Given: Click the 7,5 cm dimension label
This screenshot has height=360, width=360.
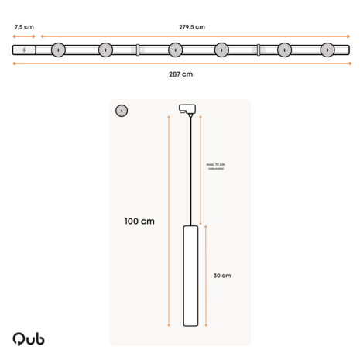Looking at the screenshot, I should tap(24, 26).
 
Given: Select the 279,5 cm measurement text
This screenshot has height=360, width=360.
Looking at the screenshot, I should tap(192, 26).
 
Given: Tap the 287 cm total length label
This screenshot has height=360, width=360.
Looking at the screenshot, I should tap(180, 74).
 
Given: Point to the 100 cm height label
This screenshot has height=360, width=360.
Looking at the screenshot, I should tap(139, 221).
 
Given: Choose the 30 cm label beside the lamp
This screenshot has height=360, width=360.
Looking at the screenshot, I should tap(221, 276).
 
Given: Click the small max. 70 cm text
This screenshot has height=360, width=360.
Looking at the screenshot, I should tap(215, 165).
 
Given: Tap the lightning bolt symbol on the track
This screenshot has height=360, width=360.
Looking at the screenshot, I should tap(24, 50).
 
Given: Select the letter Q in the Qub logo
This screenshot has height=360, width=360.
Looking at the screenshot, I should tap(18, 339).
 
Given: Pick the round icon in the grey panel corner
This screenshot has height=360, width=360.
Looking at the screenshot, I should tap(121, 111).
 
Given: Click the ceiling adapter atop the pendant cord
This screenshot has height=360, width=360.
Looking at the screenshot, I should tap(186, 108).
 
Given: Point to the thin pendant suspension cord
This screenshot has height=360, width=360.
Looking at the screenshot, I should tap(190, 170).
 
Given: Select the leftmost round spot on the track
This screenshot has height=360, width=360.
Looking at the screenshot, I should tap(58, 50).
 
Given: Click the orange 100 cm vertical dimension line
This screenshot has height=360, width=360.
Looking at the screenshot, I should tap(169, 221).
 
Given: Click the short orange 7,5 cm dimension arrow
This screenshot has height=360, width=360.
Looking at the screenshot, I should tap(24, 36).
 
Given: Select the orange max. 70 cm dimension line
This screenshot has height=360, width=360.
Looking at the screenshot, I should tap(201, 166).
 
